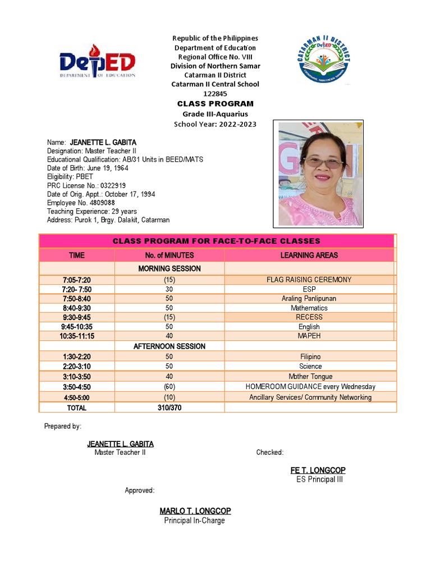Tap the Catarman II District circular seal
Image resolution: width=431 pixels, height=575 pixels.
point(325,58)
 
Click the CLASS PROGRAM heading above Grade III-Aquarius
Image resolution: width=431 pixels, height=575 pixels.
point(215,104)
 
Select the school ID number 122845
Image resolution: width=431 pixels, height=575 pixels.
point(215,94)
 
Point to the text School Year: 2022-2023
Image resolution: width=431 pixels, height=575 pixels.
point(215,124)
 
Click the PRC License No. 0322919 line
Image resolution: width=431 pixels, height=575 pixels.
point(86,185)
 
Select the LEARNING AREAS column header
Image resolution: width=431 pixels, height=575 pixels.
point(309,255)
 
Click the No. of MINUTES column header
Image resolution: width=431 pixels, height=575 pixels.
point(169,255)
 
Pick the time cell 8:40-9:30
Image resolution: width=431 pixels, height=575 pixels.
point(76,308)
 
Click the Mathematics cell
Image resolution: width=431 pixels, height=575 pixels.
point(309,308)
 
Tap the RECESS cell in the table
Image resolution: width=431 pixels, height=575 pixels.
point(309,317)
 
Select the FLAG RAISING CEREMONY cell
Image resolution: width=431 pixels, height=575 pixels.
point(309,280)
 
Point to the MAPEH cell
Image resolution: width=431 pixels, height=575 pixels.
point(309,336)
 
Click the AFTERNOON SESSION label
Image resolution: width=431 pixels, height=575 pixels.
point(169,346)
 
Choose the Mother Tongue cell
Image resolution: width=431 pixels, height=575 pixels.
point(309,376)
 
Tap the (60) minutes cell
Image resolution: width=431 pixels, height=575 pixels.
point(169,387)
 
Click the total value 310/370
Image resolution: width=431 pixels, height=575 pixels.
point(169,408)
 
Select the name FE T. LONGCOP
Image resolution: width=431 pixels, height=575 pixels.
point(318,470)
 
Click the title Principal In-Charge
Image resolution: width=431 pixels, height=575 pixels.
point(194,521)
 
